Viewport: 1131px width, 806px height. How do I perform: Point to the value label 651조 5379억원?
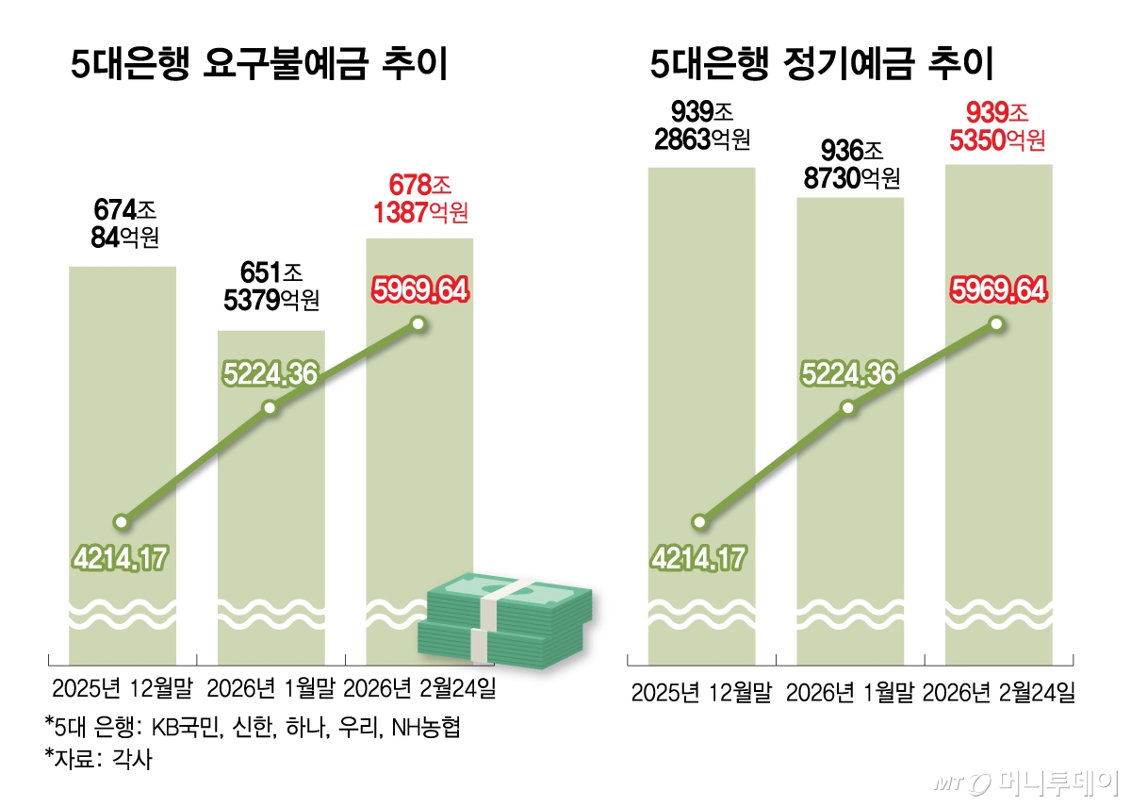coord(271,287)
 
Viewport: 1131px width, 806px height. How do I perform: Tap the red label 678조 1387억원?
coord(418,197)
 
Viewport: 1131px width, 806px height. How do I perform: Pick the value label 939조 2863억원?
coord(701,126)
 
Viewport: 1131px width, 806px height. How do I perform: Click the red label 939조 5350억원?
coord(998,126)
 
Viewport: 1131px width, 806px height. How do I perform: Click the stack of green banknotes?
coord(505,623)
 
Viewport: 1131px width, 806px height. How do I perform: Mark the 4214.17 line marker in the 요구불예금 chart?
coord(121,521)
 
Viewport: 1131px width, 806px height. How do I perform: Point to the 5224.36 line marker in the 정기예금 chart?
coord(848,407)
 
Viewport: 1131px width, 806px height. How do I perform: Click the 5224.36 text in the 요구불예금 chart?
coord(270,374)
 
